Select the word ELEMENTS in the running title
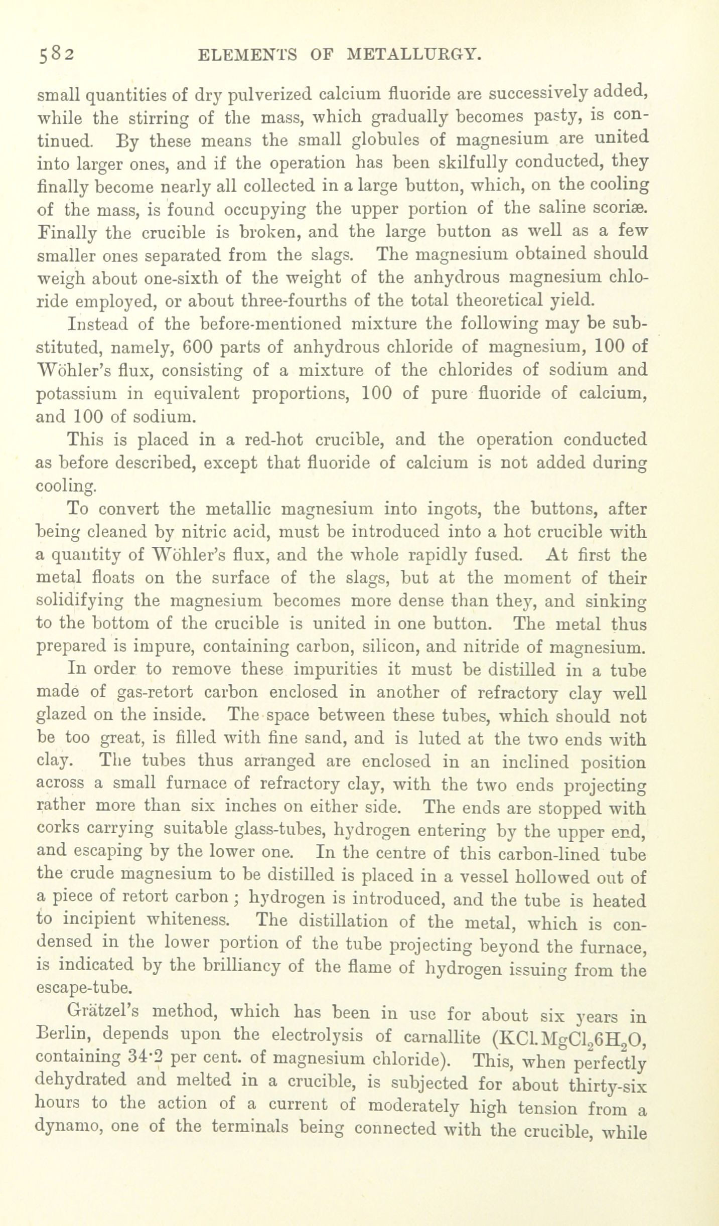click(x=247, y=54)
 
